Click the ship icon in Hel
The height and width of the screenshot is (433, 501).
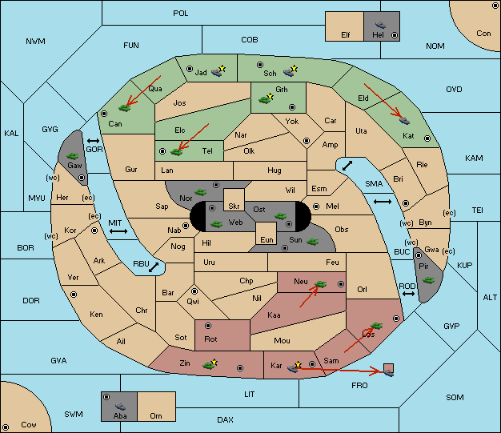click(380, 25)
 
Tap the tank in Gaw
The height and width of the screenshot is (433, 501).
click(73, 156)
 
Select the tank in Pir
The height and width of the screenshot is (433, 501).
click(428, 280)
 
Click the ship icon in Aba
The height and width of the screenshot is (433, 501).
click(120, 407)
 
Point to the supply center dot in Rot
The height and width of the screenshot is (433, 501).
click(208, 326)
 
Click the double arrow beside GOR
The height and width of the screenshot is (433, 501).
click(94, 141)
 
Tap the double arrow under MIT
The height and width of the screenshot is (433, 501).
click(118, 231)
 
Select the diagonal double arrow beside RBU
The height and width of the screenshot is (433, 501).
click(154, 267)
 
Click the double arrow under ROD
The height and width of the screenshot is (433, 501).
click(408, 294)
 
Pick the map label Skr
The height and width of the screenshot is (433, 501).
click(234, 206)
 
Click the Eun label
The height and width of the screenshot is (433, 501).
click(267, 239)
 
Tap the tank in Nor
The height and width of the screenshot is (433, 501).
click(201, 192)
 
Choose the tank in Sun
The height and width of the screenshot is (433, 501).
click(312, 242)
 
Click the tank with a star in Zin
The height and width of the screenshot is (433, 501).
click(210, 364)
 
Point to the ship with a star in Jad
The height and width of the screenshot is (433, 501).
click(218, 71)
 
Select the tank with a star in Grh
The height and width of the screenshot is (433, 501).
click(267, 99)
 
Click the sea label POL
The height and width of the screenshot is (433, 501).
click(181, 14)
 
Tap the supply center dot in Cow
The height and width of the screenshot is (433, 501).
click(6, 427)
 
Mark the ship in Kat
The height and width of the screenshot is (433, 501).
click(404, 121)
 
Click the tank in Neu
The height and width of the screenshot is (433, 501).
click(320, 284)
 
